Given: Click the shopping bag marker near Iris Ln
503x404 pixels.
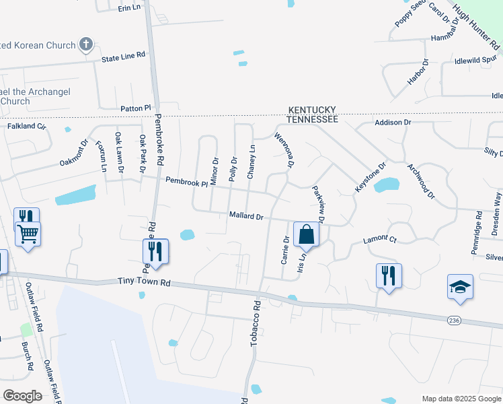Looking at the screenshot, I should (x=306, y=235).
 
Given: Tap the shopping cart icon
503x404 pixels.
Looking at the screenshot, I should (x=28, y=235).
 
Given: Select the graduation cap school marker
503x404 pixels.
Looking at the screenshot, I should (x=460, y=286).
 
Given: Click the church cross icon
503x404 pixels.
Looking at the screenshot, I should (x=85, y=45).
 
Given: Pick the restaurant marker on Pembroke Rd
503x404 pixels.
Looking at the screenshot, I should (x=155, y=251).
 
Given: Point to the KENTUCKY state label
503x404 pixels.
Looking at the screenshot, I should (x=312, y=110).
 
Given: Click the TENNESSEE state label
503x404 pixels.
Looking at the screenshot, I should (x=312, y=119).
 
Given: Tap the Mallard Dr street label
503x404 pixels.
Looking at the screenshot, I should (x=245, y=217).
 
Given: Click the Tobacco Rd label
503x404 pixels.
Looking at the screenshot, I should (x=256, y=324).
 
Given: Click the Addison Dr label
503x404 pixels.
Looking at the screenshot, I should (x=393, y=123).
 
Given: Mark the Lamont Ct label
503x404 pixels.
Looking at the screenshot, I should (x=380, y=239).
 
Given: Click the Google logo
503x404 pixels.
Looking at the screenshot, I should (x=22, y=395).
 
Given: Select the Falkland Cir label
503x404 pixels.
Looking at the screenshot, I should (x=26, y=126).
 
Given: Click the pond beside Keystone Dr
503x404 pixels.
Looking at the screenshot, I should (x=386, y=184).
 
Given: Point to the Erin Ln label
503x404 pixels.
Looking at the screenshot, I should (x=129, y=7).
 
